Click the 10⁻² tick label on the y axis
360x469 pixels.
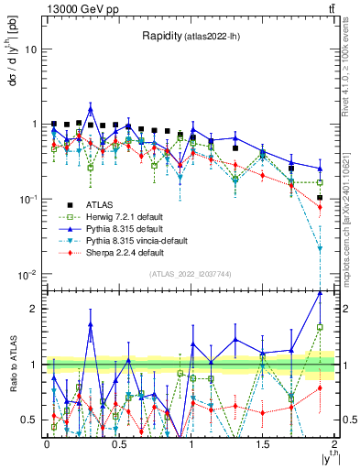(x=27, y=275)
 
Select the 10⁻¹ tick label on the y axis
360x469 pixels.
(x=27, y=200)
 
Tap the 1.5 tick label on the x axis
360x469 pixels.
(x=263, y=444)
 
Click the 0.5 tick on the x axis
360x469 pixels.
(x=119, y=444)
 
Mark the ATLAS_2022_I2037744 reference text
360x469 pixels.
(x=190, y=274)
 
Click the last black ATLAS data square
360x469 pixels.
(x=320, y=198)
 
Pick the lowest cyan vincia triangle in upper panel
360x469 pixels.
(x=320, y=248)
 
